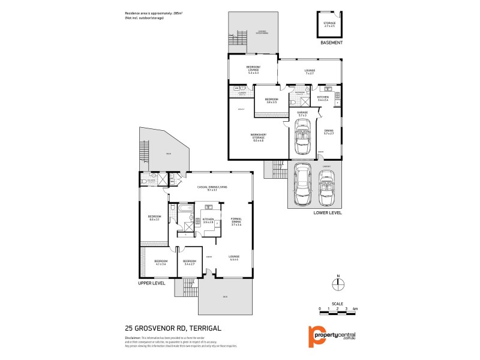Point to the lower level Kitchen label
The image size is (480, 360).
click(323, 98)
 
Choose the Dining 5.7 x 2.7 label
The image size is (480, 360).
click(328, 132)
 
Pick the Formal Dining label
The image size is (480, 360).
click(236, 221)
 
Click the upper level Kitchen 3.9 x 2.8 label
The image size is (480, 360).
click(208, 221)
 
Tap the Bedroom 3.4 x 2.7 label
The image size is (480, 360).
click(190, 262)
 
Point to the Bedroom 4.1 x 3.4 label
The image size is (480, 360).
click(160, 262)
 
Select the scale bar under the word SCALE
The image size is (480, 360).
click(338, 310)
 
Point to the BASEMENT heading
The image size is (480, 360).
click(331, 43)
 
